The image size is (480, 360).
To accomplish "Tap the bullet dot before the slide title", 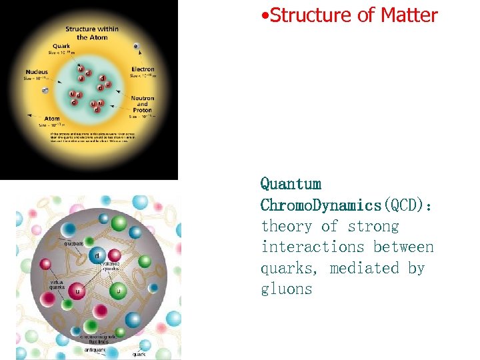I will coord(265,15).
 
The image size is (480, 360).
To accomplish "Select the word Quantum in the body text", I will coord(290,184).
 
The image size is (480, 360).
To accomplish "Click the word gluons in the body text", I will coord(286,289).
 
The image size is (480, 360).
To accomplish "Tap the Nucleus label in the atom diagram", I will coord(37,72).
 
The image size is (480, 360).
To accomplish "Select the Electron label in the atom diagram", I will coord(143,69).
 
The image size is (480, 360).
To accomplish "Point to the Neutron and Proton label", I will coord(142,104).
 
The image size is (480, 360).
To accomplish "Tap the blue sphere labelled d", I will coord(98,255).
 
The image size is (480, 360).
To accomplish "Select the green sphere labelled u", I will coord(119,291).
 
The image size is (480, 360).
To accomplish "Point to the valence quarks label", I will coord(110,267).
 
